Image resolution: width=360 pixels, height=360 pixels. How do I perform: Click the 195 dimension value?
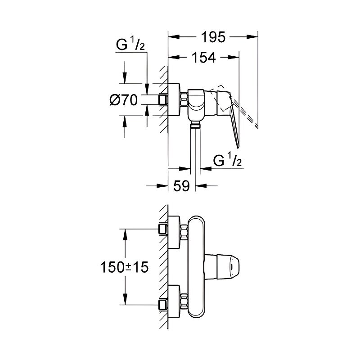(x=213, y=37)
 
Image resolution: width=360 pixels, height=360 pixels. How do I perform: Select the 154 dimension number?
(x=204, y=58)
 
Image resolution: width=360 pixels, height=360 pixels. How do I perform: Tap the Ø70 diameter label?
(x=124, y=100)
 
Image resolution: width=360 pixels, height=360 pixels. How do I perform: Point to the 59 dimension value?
(x=182, y=185)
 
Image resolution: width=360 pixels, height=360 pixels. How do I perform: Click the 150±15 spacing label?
(x=125, y=267)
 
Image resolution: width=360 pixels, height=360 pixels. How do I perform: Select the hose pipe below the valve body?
(x=195, y=147)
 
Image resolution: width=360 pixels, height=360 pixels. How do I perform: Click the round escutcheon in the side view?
(x=174, y=99)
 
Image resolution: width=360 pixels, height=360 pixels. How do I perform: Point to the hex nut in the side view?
(x=184, y=99)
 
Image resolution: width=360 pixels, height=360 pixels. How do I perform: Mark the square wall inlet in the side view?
(x=163, y=99)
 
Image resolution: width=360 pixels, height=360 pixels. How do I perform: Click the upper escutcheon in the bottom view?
(x=174, y=232)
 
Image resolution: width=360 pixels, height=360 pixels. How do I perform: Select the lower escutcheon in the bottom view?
(x=174, y=301)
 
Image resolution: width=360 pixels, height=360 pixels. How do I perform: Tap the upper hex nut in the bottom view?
(x=184, y=232)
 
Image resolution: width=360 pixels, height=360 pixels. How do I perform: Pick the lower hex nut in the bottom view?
(x=184, y=301)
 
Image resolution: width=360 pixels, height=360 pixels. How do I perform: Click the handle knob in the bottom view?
(x=221, y=267)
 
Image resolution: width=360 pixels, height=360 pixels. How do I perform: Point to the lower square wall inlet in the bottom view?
(x=163, y=305)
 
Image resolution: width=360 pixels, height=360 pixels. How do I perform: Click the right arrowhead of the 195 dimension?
(x=252, y=37)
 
